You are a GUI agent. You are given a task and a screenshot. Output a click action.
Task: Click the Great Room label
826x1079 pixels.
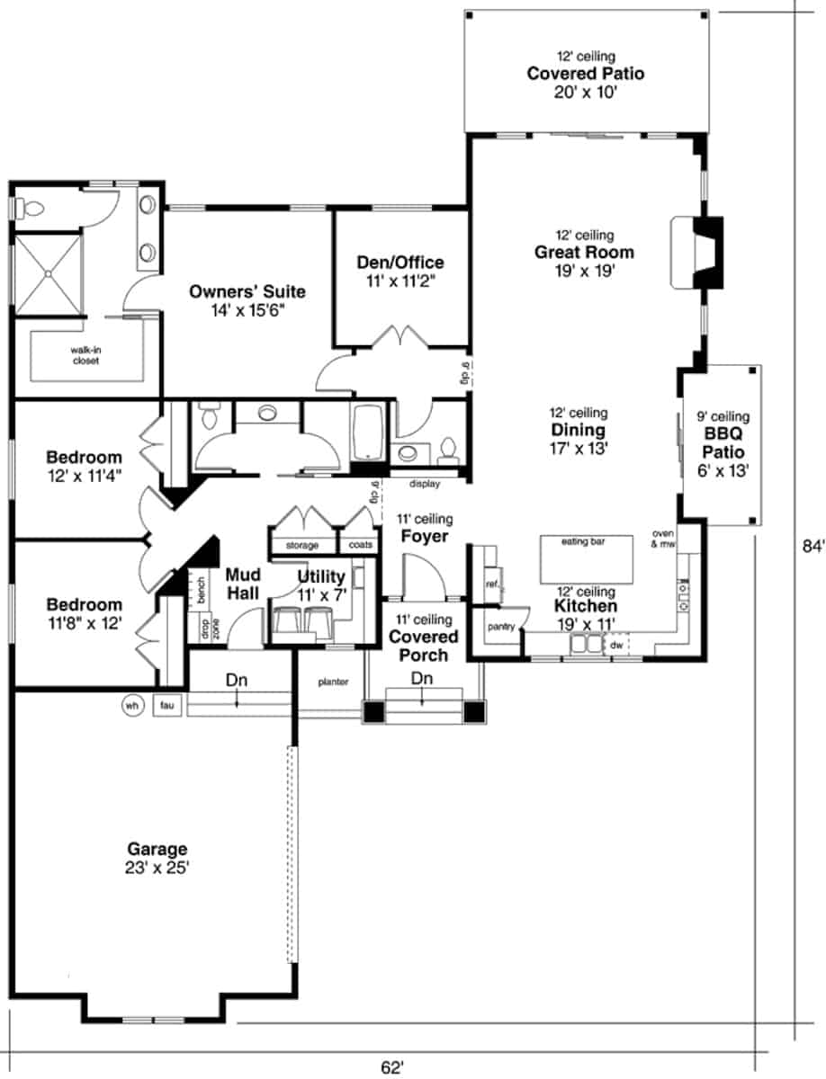(584, 252)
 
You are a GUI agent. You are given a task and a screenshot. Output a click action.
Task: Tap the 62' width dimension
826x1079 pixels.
(392, 1067)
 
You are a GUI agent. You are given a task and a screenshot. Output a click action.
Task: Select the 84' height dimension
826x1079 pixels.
(813, 546)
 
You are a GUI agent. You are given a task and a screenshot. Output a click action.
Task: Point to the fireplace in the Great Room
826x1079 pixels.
(697, 252)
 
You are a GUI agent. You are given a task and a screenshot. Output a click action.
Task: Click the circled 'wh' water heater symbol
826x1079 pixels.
(132, 706)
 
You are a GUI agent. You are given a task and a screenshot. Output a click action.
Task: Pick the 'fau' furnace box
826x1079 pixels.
(167, 706)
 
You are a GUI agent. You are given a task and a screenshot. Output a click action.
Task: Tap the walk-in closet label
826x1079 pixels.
(85, 355)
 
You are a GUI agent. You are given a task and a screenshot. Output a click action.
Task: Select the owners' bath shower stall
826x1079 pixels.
(48, 274)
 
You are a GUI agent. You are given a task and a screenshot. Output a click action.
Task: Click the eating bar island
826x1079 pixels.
(587, 559)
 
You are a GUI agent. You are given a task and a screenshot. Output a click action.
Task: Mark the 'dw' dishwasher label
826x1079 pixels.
(616, 645)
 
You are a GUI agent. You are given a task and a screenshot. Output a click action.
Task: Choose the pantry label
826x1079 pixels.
(501, 627)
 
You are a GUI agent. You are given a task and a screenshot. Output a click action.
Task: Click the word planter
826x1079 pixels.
(333, 682)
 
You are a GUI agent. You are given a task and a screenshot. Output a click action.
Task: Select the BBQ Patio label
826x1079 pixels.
(723, 442)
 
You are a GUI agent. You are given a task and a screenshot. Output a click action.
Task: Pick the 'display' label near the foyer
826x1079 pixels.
(425, 484)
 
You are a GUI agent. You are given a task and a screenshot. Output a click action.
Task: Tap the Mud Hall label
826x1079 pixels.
(243, 584)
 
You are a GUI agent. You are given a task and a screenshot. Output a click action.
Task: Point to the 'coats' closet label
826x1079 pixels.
(360, 545)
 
